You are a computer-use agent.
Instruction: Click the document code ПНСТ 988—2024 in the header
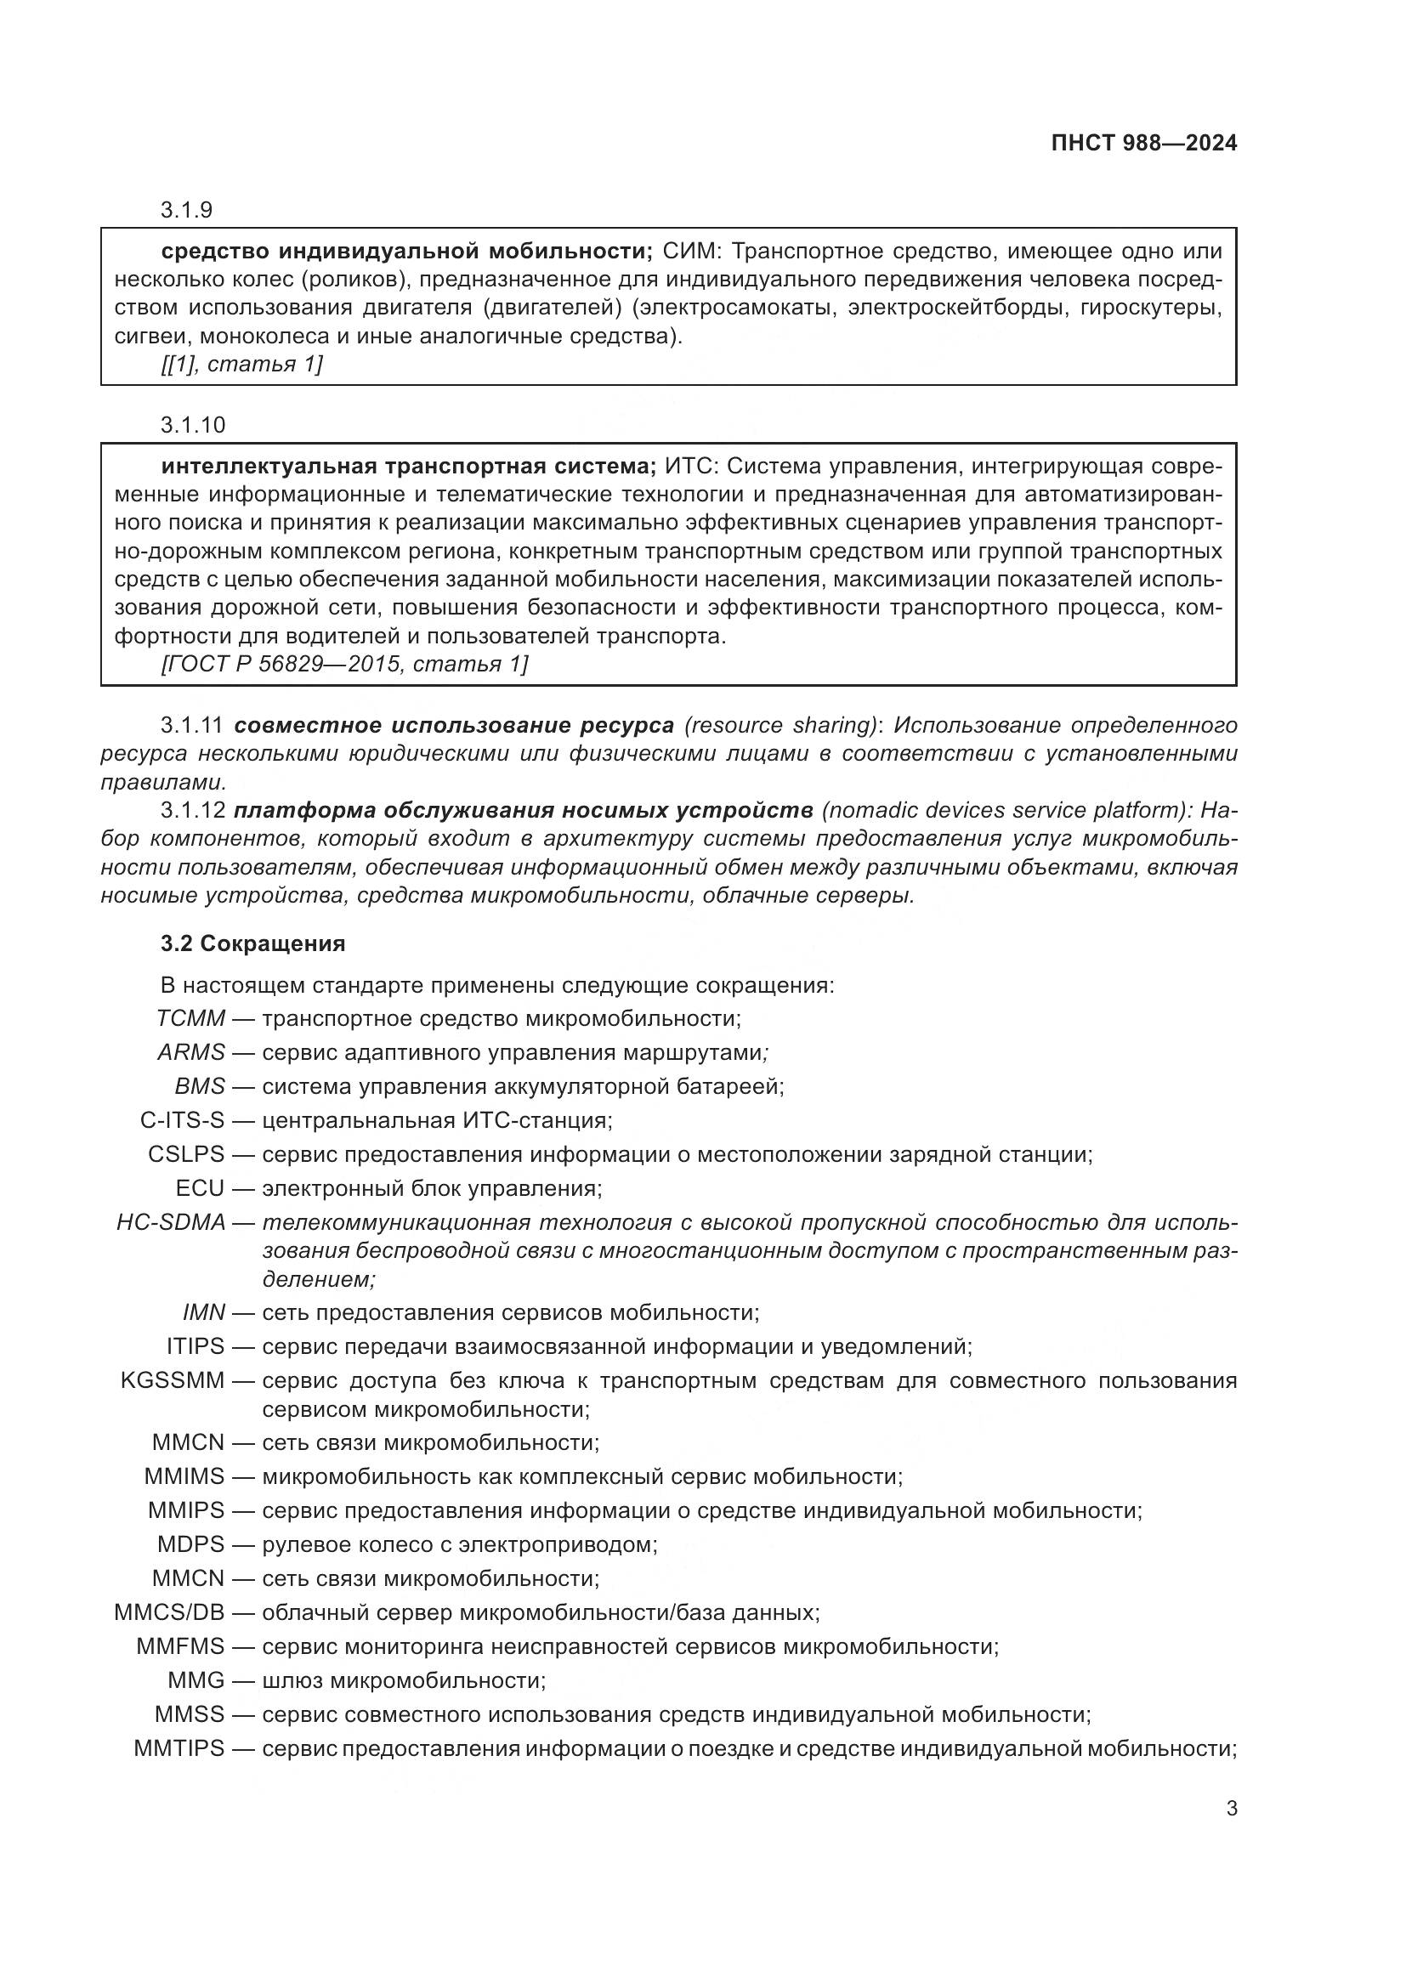(1143, 144)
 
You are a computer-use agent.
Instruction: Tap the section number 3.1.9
(186, 211)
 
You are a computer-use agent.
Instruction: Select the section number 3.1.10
(192, 425)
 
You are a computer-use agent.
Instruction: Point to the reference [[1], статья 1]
(241, 364)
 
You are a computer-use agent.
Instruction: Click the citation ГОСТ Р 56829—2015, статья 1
(344, 664)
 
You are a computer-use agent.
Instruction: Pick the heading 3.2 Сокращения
(252, 943)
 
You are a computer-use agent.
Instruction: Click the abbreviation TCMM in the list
(190, 1018)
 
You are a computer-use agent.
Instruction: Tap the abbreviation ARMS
(191, 1053)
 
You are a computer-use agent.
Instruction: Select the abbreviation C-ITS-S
(182, 1120)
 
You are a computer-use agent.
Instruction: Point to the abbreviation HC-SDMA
(171, 1222)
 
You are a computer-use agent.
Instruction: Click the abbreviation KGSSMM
(173, 1380)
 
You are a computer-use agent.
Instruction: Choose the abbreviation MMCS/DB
(169, 1612)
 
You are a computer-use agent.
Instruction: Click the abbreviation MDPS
(190, 1543)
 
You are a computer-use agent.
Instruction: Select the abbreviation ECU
(199, 1188)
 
